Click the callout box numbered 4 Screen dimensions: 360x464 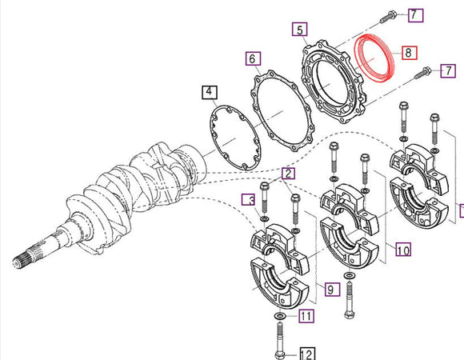209,93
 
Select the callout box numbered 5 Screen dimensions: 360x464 299,31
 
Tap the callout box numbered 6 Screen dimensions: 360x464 251,59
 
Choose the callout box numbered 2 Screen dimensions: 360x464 287,173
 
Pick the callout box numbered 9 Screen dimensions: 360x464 331,290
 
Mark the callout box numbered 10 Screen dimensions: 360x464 403,250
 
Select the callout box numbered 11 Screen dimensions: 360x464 305,317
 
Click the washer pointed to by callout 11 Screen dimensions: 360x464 278,318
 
